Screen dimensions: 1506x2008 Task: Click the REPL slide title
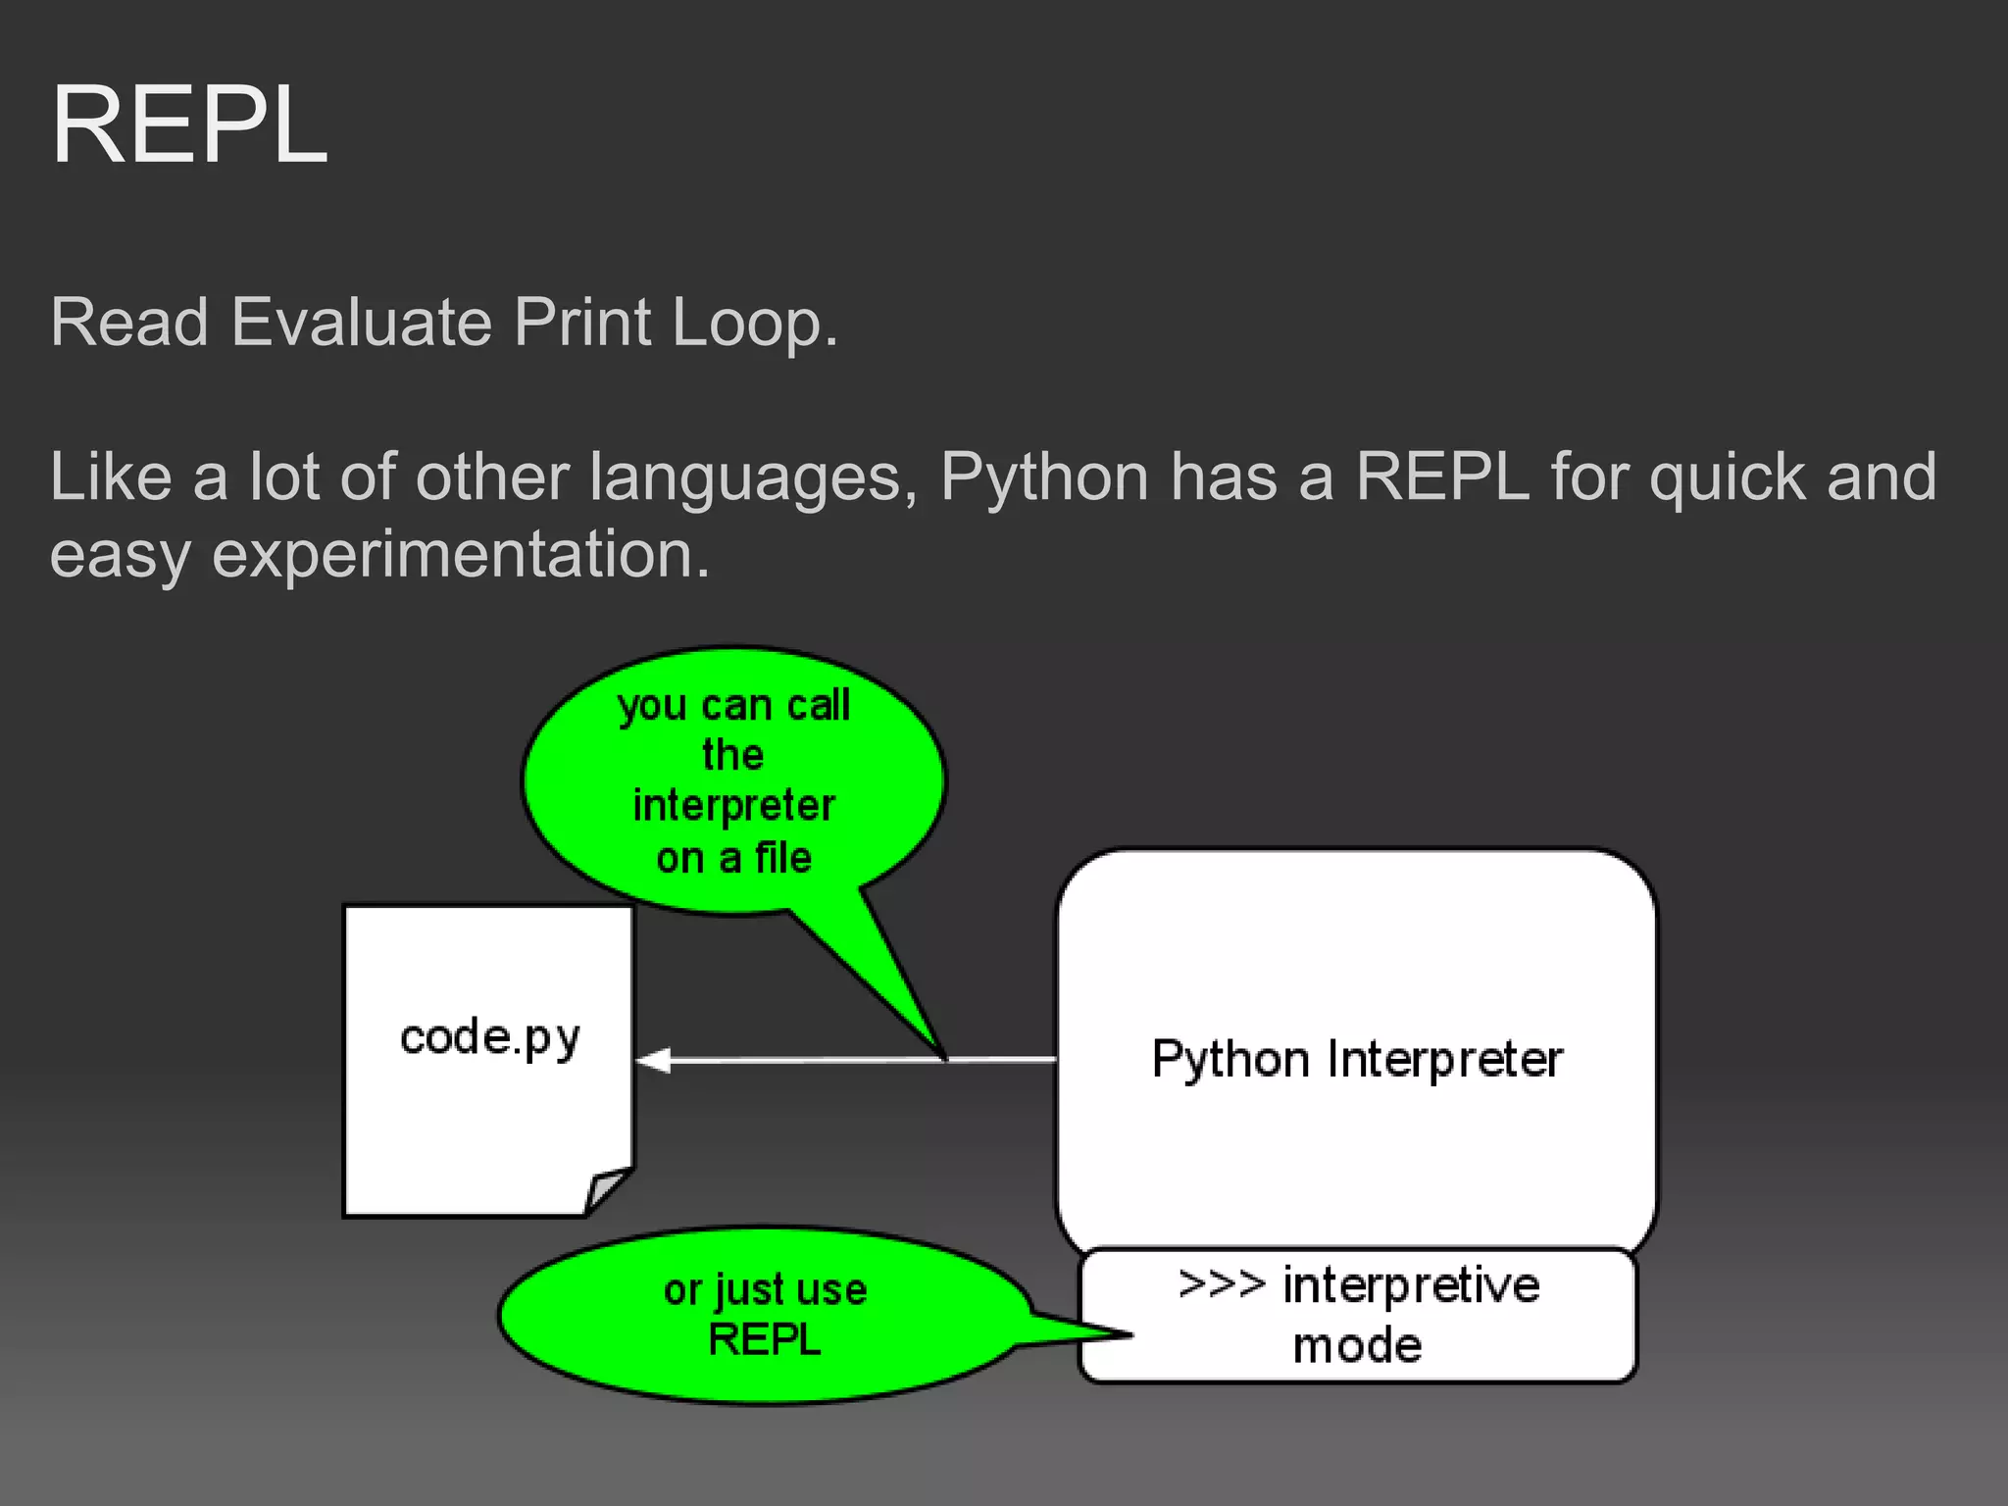click(x=188, y=125)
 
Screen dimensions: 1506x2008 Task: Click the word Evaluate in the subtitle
click(x=360, y=322)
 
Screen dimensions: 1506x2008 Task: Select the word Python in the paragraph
click(x=1044, y=477)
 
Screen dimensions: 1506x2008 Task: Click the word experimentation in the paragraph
click(x=461, y=555)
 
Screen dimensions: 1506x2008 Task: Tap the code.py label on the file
click(x=489, y=1038)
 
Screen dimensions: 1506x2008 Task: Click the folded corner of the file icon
click(x=606, y=1188)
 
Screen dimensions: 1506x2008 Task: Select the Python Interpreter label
click(x=1356, y=1059)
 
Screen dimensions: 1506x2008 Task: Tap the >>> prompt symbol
click(x=1221, y=1283)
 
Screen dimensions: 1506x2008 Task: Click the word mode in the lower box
click(x=1356, y=1345)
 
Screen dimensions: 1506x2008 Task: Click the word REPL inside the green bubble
click(x=764, y=1339)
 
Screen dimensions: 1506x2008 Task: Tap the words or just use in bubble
click(x=764, y=1290)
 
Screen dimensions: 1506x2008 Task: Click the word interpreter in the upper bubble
click(x=733, y=806)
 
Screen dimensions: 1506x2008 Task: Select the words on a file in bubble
click(x=733, y=858)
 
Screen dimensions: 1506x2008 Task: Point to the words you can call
click(x=733, y=706)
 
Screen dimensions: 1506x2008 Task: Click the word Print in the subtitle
click(x=582, y=322)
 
